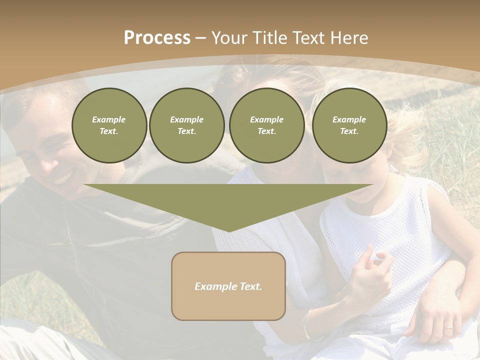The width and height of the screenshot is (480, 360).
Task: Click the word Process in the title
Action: point(157,38)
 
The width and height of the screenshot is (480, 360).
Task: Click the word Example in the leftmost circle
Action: point(108,119)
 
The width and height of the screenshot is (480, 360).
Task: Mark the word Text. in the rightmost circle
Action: point(349,131)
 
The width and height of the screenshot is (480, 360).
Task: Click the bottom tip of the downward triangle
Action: point(229,231)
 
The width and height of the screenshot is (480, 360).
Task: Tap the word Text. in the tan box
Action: point(251,286)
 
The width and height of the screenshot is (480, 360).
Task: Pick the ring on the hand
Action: point(448,329)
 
